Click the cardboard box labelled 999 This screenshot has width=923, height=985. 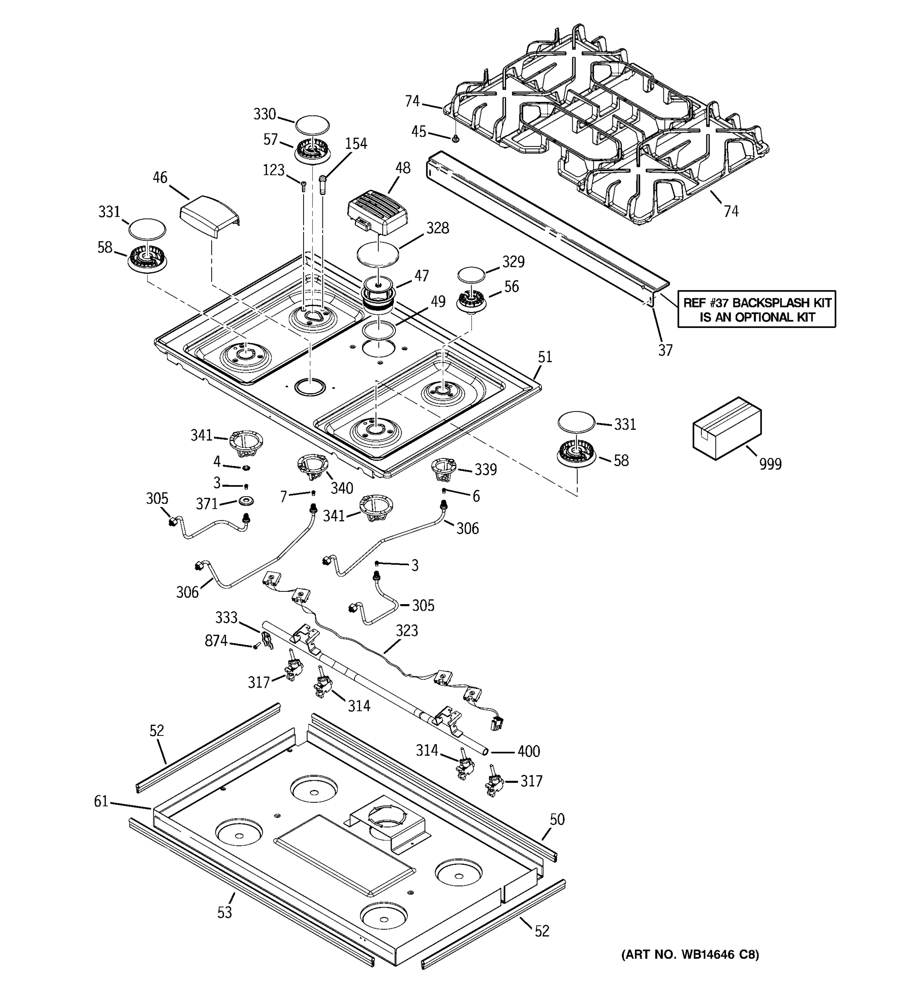point(726,428)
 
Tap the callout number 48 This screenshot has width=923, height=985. point(402,168)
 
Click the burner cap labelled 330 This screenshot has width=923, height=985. point(313,124)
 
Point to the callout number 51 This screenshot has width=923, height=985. point(545,357)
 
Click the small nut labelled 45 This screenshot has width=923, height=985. point(456,139)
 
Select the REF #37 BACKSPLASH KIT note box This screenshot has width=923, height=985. point(756,309)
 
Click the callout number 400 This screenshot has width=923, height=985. point(528,751)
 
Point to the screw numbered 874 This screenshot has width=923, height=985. point(256,646)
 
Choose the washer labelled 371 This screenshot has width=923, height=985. point(246,501)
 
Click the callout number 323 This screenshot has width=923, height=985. point(407,631)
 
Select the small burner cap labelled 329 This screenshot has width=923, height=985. point(471,274)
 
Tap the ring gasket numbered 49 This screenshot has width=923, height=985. point(378,330)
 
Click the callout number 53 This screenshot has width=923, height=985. point(224,912)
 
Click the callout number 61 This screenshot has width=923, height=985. point(101,801)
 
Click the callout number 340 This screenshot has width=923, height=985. point(342,488)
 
